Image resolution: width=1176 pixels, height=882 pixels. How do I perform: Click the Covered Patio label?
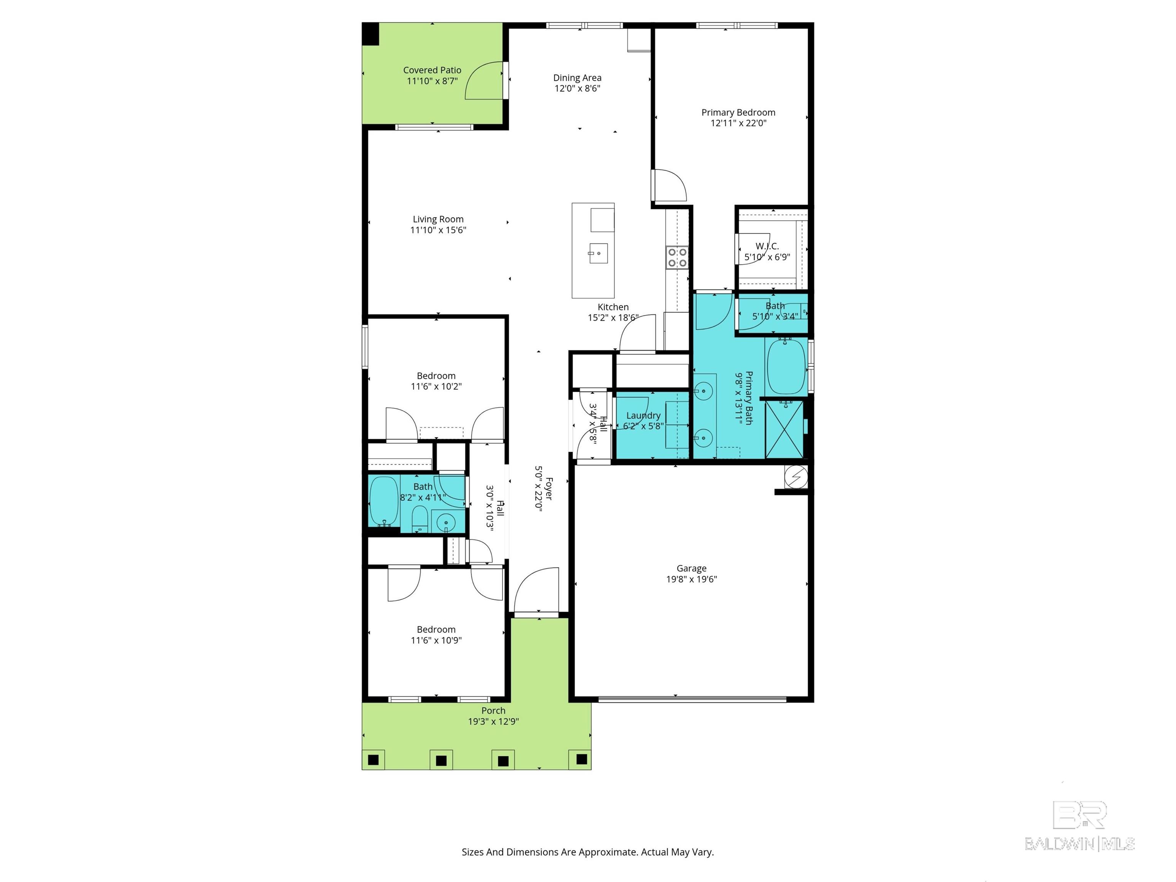coord(432,70)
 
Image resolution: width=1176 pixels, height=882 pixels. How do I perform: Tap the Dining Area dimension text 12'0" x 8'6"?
coord(577,88)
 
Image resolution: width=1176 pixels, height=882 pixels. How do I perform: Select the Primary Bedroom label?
coord(738,112)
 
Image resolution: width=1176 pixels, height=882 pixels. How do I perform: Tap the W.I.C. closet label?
coord(767,246)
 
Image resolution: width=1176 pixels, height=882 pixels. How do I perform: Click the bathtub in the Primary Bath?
coord(786,367)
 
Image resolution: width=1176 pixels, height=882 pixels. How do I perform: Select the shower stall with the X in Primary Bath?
coord(784,429)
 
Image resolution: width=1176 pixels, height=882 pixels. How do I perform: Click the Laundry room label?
coord(643,415)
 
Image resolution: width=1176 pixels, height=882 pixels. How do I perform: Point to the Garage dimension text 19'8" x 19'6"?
coord(692,579)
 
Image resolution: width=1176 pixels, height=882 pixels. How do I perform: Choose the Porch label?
coord(493,710)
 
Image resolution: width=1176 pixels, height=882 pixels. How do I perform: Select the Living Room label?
coord(438,219)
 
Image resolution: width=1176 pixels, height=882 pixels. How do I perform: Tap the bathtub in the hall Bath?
coord(383,501)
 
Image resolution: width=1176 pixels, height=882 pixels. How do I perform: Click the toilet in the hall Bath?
coord(420,518)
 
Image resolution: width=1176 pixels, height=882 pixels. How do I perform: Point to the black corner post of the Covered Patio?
coord(371,34)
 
